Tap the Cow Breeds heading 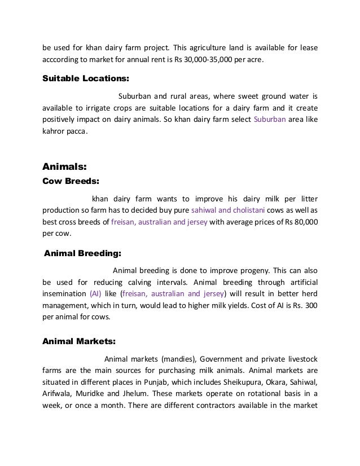click(71, 182)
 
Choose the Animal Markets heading click(80, 341)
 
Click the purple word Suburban click(270, 120)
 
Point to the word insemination click(64, 293)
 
